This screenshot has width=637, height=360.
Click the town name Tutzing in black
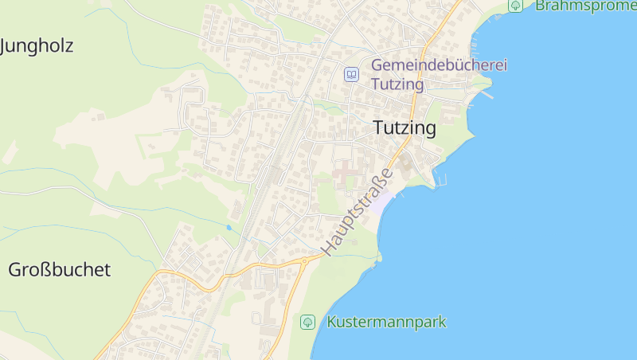tap(404, 128)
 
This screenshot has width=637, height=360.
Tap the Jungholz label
tap(37, 46)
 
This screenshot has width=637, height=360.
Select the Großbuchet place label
tap(59, 270)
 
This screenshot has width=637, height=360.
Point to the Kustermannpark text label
tap(386, 323)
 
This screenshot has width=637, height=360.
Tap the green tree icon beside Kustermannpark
tap(307, 323)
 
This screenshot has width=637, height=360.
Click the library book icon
tap(351, 74)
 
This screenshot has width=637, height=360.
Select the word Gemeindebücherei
tap(439, 65)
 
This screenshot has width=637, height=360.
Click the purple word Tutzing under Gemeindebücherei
tap(396, 83)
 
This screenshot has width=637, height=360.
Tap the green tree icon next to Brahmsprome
tap(516, 6)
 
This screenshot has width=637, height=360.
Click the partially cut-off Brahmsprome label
tap(585, 6)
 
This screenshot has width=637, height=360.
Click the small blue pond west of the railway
tap(229, 227)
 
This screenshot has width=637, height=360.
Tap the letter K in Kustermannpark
tap(332, 323)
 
